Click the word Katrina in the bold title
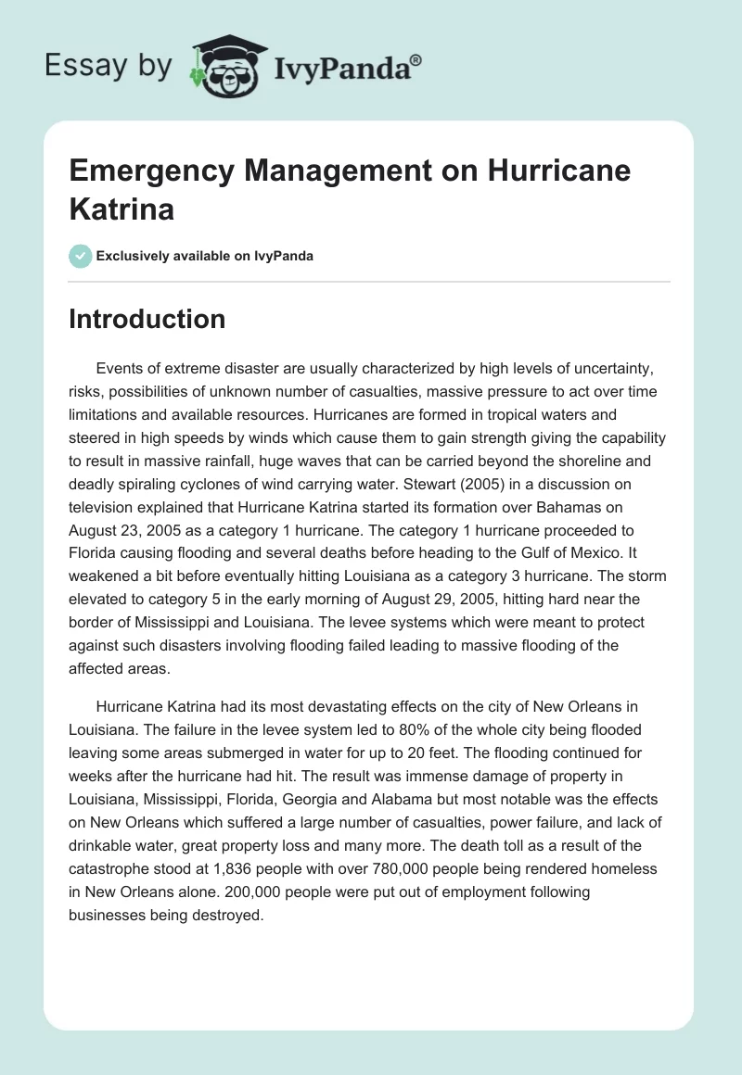click(122, 208)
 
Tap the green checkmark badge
click(81, 256)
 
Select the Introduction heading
click(147, 319)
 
